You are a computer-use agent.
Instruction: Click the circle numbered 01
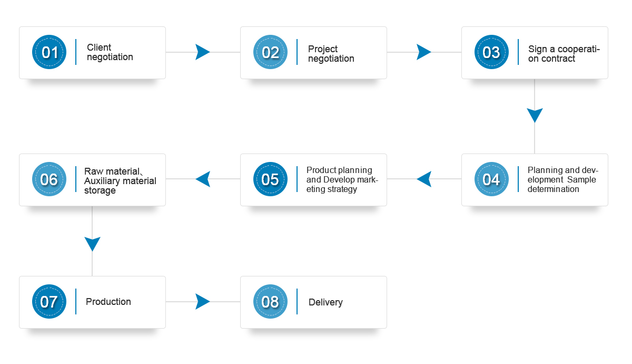(x=49, y=52)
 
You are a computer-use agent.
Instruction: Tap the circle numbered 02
(x=270, y=52)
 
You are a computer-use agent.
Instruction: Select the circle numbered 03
(x=491, y=52)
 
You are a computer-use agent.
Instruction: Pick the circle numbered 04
(x=491, y=179)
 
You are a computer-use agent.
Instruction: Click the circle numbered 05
(x=270, y=179)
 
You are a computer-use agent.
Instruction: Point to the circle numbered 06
(x=49, y=179)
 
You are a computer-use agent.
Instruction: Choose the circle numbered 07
(x=49, y=302)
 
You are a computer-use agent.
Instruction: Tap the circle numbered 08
(x=270, y=302)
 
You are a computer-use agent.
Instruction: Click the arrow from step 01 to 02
(x=203, y=52)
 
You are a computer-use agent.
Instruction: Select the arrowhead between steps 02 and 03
(x=424, y=52)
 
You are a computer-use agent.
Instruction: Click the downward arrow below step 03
(x=535, y=116)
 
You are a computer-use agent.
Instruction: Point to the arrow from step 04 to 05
(x=424, y=179)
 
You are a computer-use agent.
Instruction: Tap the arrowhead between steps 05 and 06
(x=203, y=179)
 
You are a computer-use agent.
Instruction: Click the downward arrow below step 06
(x=92, y=241)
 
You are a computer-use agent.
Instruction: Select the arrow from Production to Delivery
(x=203, y=302)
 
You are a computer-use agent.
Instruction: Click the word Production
(x=108, y=302)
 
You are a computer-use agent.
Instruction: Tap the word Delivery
(x=325, y=302)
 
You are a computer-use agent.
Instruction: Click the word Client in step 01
(x=99, y=47)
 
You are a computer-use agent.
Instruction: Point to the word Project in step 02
(x=323, y=49)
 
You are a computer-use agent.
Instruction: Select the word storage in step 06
(x=100, y=190)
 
